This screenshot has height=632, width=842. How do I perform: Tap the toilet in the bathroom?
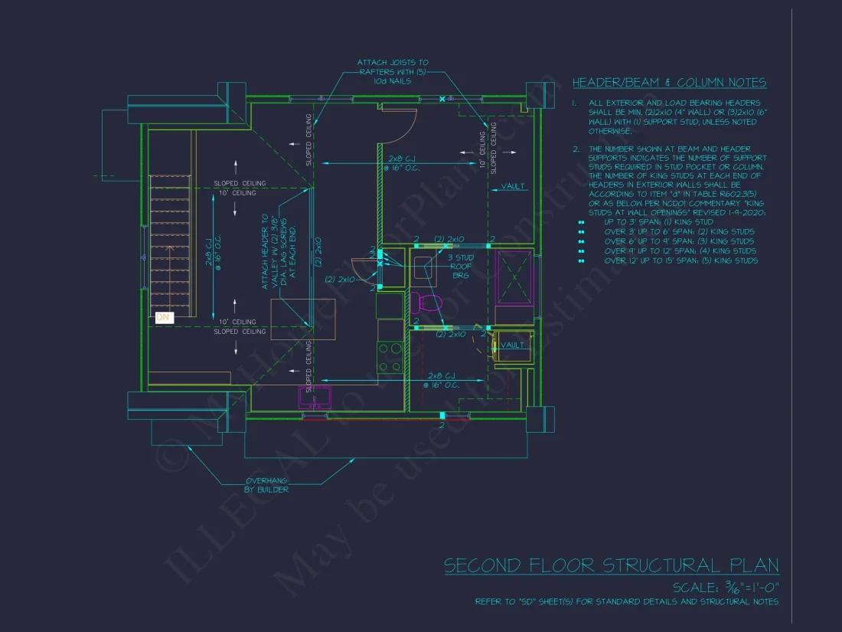(x=428, y=303)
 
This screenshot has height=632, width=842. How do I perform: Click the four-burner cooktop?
(x=390, y=358)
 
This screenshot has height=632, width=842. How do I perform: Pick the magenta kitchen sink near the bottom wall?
(x=314, y=397)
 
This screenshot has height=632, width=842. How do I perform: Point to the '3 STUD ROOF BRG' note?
(x=462, y=266)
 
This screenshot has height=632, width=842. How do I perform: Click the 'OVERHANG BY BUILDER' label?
(x=266, y=485)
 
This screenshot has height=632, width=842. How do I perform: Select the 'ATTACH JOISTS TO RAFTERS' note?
(x=393, y=71)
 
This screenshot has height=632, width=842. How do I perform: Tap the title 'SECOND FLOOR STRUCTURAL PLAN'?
(x=611, y=566)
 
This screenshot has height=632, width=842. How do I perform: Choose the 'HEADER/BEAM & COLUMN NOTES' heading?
(x=669, y=83)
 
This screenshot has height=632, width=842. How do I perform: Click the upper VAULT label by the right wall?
(x=513, y=186)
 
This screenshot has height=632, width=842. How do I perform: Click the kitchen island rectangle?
(x=292, y=319)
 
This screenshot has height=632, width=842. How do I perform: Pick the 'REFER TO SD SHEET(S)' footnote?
(x=626, y=602)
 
